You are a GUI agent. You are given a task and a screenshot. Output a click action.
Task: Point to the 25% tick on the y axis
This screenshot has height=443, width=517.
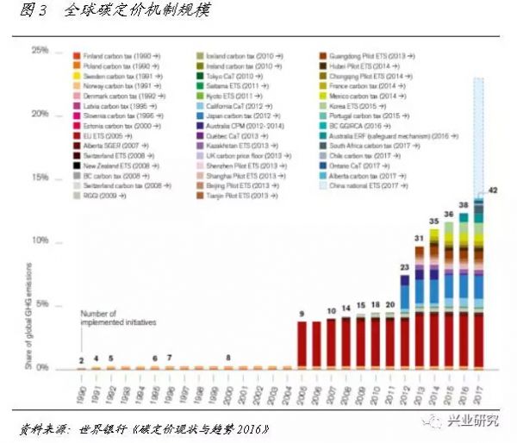click(x=40, y=51)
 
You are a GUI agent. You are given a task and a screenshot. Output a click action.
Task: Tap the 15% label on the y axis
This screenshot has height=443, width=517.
click(x=40, y=178)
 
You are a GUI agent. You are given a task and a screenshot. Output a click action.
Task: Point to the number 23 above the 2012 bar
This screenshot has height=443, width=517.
click(x=404, y=268)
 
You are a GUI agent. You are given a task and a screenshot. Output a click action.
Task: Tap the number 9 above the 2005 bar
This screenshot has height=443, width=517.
click(x=302, y=313)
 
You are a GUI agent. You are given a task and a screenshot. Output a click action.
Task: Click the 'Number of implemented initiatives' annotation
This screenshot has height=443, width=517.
click(x=119, y=318)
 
